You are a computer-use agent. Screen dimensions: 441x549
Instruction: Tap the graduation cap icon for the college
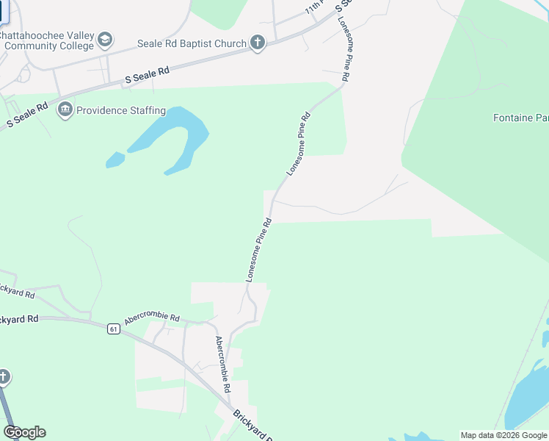pos(105,40)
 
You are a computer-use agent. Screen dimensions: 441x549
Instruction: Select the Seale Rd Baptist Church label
pos(192,44)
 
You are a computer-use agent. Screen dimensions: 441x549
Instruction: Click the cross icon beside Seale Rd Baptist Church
pos(257,43)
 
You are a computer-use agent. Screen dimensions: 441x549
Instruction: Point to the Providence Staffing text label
pos(121,111)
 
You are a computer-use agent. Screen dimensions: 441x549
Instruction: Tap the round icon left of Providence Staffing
pos(65,111)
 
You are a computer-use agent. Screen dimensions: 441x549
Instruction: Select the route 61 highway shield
pos(112,329)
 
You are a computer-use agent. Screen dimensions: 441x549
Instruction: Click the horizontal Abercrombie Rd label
pos(152,317)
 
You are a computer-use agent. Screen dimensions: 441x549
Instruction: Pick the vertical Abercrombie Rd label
pos(222,365)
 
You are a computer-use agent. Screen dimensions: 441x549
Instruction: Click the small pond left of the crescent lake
pos(115,159)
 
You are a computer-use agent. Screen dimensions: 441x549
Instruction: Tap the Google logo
pos(24,432)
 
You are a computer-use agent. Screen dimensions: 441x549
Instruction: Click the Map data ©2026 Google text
pos(503,435)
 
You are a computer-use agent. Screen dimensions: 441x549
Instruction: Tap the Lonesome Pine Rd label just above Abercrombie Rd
pos(258,250)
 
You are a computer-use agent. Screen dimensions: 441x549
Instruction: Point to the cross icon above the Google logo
pos(4,378)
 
